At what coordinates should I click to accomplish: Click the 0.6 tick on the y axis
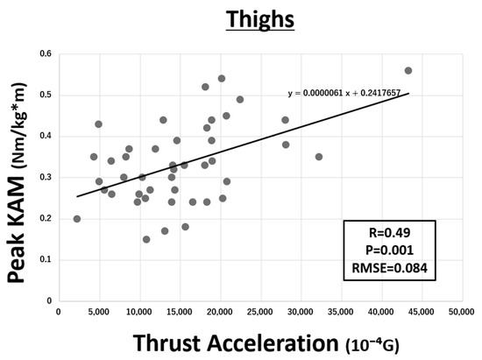click(x=44, y=54)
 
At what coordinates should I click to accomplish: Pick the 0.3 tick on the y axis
click(x=44, y=178)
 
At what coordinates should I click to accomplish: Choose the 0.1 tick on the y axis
click(x=44, y=260)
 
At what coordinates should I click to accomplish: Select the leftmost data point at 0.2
click(x=77, y=219)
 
